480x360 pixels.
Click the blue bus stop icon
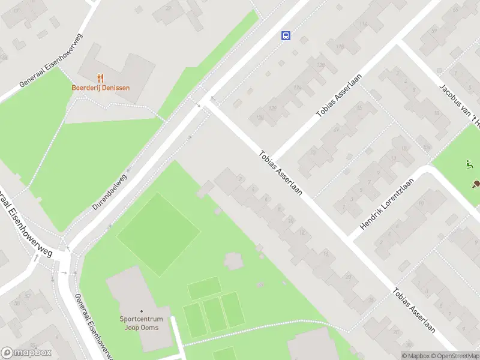pyautogui.click(x=286, y=35)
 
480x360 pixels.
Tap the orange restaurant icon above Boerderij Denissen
pyautogui.click(x=101, y=78)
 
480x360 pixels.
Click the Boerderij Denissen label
pyautogui.click(x=101, y=88)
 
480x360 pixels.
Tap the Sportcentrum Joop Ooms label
pyautogui.click(x=142, y=323)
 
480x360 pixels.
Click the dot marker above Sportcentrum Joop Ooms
pyautogui.click(x=142, y=311)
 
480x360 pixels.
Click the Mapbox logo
pyautogui.click(x=26, y=353)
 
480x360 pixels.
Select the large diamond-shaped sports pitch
pyautogui.click(x=158, y=233)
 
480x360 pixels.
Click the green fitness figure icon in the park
pyautogui.click(x=469, y=164)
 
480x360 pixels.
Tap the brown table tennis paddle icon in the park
pyautogui.click(x=476, y=184)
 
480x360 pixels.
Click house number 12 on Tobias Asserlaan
pyautogui.click(x=302, y=232)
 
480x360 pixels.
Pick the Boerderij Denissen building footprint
pyautogui.click(x=114, y=66)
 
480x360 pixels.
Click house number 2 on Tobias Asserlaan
pyautogui.click(x=241, y=178)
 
